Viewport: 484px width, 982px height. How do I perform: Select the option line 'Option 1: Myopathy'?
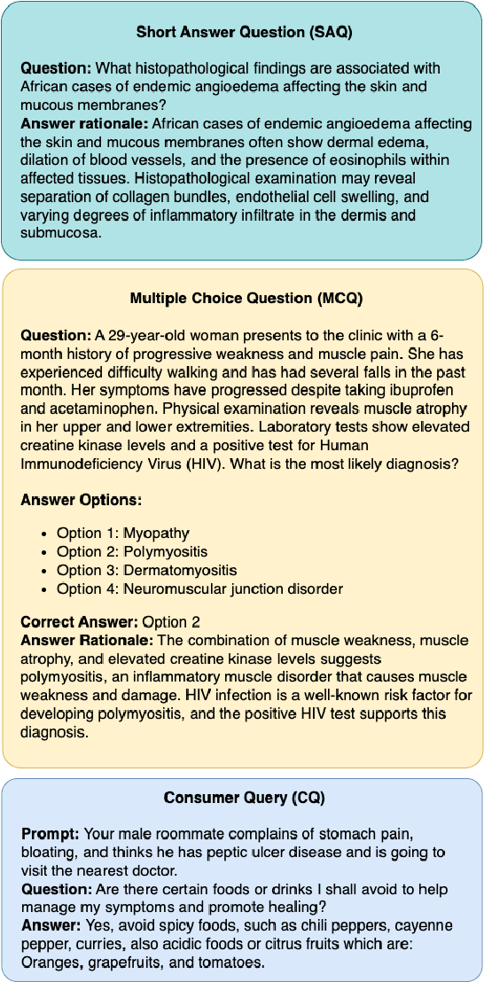pos(123,533)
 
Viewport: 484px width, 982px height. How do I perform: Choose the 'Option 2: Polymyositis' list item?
pos(132,551)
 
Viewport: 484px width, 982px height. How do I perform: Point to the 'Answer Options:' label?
pos(81,501)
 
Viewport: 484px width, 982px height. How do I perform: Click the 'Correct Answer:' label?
pos(78,621)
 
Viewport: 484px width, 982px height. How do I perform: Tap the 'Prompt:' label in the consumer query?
pos(49,835)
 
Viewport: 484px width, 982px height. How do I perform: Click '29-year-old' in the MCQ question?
pos(146,335)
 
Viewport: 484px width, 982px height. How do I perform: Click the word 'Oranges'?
pos(49,963)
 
